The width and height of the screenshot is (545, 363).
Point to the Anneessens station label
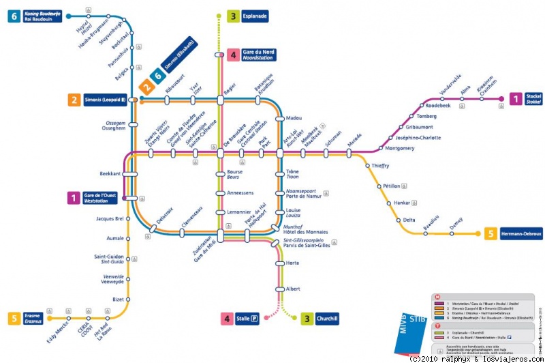(x=240, y=192)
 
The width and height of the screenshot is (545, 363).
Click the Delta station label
(x=408, y=220)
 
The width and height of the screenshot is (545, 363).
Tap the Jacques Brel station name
(x=109, y=219)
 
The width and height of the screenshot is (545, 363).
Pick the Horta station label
(x=292, y=263)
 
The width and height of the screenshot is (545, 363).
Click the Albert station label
(x=293, y=289)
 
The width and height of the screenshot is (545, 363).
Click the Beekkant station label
(x=110, y=174)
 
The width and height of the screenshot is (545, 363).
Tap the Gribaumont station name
(x=419, y=127)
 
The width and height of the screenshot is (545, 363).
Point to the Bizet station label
(x=117, y=300)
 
